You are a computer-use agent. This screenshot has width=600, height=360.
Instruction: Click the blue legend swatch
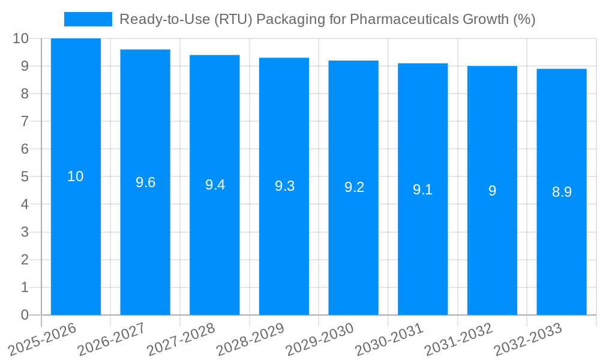tap(88, 19)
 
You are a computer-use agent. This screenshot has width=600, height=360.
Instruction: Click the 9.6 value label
tap(145, 182)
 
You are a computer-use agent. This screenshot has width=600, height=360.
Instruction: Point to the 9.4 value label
tap(215, 185)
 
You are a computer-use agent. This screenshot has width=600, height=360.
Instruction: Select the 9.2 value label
tap(354, 187)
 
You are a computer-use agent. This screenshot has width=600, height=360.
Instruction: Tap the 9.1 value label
tap(422, 190)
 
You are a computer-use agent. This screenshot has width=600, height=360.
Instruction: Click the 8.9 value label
tap(562, 192)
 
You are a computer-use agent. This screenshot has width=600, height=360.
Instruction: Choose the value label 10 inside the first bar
tap(76, 176)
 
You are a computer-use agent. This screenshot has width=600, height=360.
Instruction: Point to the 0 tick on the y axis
tap(25, 315)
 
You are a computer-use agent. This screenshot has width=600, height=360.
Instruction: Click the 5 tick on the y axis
tap(25, 176)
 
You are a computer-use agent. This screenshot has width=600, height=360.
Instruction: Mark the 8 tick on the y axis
tap(25, 94)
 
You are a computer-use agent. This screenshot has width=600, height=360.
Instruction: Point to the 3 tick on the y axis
tap(25, 232)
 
